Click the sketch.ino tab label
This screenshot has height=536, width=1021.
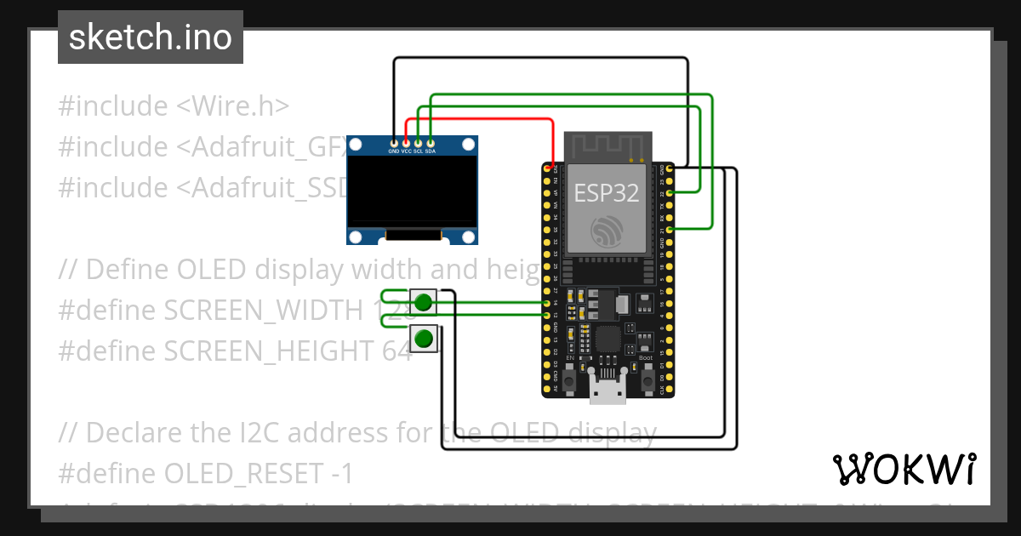[x=150, y=37]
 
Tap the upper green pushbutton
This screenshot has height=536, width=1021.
[x=424, y=302]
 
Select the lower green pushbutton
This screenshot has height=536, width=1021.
[x=424, y=339]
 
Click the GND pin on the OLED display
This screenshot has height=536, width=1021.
[x=393, y=142]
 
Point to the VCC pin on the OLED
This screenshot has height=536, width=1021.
[x=406, y=142]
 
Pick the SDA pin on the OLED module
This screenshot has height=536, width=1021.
[x=431, y=142]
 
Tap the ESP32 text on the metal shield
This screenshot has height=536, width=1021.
[x=607, y=192]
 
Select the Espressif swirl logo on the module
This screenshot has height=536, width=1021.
[x=607, y=231]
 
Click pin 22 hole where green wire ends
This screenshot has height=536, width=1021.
[x=670, y=194]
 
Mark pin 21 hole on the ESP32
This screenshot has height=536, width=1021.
[x=670, y=230]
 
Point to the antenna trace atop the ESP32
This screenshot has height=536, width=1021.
[x=607, y=145]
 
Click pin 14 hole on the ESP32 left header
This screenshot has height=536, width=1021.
[x=546, y=303]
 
